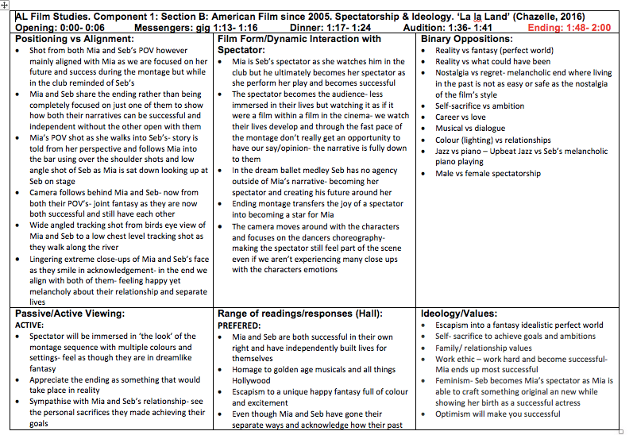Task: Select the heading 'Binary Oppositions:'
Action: coord(466,39)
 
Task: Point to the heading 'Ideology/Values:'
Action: coord(460,314)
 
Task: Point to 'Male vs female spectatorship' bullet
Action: coord(488,173)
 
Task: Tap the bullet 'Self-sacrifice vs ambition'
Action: coord(480,106)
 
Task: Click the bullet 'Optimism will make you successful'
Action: coord(498,414)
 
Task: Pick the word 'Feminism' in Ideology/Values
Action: coord(454,380)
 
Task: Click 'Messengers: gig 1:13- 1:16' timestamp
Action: coord(191,28)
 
